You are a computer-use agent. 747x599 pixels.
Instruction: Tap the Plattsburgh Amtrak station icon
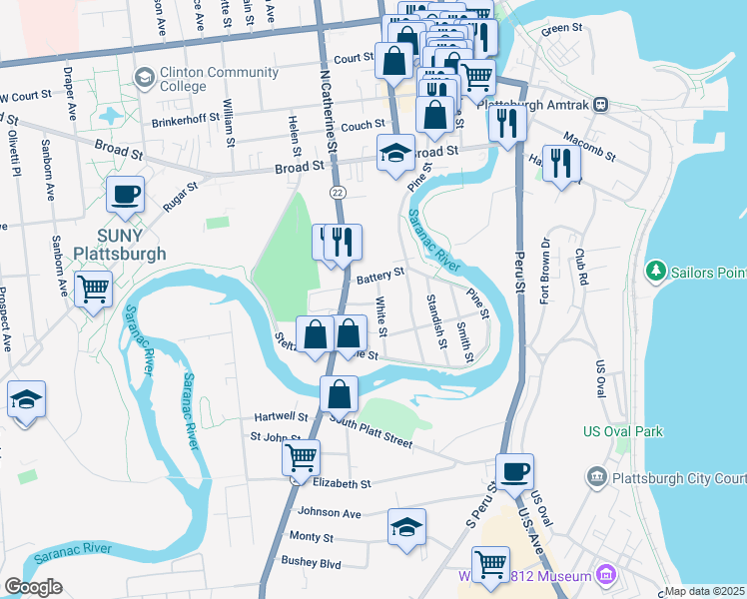coord(601,104)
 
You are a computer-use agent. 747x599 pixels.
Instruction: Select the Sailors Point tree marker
coord(656,271)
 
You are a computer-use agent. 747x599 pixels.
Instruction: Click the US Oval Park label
coord(622,432)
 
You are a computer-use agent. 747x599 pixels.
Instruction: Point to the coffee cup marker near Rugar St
coord(126,194)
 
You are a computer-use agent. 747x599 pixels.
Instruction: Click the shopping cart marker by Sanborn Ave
coord(94,290)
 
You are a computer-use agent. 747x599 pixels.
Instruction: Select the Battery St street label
coord(380,273)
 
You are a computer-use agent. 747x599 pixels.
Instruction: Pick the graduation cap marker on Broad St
coord(395,155)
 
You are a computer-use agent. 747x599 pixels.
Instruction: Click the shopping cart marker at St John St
coord(301,458)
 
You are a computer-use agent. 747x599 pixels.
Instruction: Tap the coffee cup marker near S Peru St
coord(515,471)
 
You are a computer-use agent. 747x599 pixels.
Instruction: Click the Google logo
coord(33,587)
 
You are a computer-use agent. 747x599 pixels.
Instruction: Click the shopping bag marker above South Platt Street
coord(340,394)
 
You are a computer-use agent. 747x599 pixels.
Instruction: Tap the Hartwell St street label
coord(281,416)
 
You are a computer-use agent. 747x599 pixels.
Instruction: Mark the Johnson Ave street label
coord(329,512)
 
